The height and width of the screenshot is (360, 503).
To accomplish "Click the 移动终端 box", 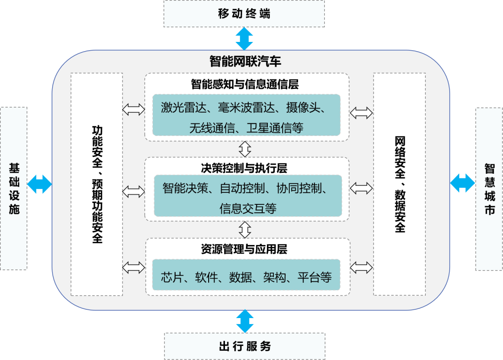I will click(245, 14).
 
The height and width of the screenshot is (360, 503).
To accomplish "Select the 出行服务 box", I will click(245, 346).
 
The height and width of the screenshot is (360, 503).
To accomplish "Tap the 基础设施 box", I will click(14, 189).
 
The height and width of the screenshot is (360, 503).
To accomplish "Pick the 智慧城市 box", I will click(489, 189).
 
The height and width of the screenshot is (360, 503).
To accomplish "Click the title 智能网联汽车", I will click(245, 61).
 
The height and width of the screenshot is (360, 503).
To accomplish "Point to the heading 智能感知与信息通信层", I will click(245, 84).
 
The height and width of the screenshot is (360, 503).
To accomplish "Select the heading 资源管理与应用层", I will click(244, 249).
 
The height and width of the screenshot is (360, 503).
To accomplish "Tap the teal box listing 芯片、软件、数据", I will click(246, 278).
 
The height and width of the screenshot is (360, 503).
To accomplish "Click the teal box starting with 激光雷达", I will click(246, 115).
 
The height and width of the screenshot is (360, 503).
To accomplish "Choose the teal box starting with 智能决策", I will click(247, 196).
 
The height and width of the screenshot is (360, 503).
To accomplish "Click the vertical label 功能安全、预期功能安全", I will click(97, 184).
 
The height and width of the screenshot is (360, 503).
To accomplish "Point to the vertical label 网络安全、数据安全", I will click(400, 184).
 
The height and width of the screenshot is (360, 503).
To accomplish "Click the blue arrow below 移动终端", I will click(244, 38).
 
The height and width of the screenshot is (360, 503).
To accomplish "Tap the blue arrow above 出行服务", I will click(244, 321).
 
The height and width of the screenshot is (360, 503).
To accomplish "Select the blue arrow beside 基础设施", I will click(39, 183).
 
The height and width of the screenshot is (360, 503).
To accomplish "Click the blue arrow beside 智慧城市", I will click(462, 183).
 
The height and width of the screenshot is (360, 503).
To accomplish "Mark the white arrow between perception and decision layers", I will click(245, 149).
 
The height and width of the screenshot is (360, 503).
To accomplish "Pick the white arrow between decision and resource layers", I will click(245, 229).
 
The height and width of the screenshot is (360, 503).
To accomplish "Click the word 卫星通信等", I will click(275, 128).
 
